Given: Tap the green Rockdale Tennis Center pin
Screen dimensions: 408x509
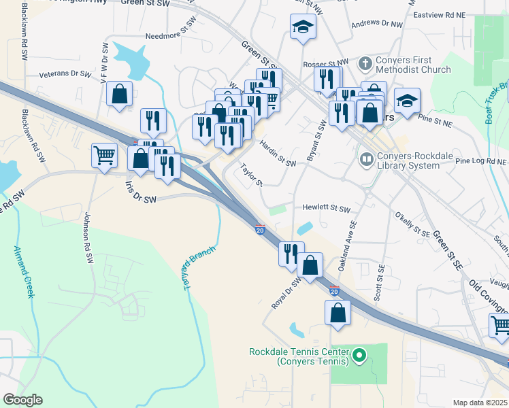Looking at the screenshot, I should pos(360,354).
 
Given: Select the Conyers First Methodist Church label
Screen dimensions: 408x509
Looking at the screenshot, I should pos(413,65).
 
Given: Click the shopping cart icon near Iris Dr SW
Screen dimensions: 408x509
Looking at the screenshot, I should pos(104,156).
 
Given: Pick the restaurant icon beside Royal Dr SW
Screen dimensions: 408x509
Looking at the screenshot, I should pos(291,253).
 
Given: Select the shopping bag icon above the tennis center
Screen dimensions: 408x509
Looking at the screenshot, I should pos(338,313).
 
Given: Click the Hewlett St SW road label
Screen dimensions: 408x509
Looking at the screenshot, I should pos(327,209).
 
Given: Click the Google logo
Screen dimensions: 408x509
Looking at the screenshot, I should pos(23,399).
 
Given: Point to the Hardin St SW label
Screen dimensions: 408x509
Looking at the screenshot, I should pos(278,158).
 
